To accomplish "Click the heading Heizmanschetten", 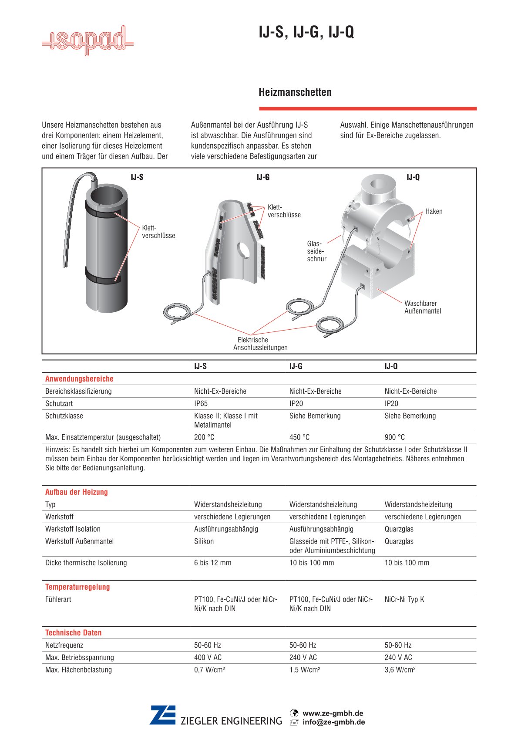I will (x=295, y=92).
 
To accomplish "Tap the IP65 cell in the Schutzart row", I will (x=201, y=404).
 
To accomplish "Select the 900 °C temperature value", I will (x=394, y=437).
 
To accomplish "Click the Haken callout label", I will (x=434, y=212).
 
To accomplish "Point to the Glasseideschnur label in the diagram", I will (x=316, y=251).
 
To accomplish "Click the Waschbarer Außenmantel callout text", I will (x=422, y=307).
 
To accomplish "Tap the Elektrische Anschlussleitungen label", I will (x=260, y=344).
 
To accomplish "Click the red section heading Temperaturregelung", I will (x=77, y=587).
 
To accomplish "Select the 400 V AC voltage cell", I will (x=208, y=658).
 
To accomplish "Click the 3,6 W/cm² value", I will (x=400, y=670).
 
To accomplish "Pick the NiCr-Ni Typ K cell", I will (x=404, y=600).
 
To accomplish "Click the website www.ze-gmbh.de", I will (x=333, y=713).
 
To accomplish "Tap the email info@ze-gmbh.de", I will (x=333, y=722).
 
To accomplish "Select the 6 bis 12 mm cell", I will (x=212, y=563).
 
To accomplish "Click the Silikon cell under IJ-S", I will (x=204, y=541).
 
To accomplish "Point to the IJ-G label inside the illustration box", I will (x=262, y=177).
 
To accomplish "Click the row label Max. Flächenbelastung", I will (x=78, y=670).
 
